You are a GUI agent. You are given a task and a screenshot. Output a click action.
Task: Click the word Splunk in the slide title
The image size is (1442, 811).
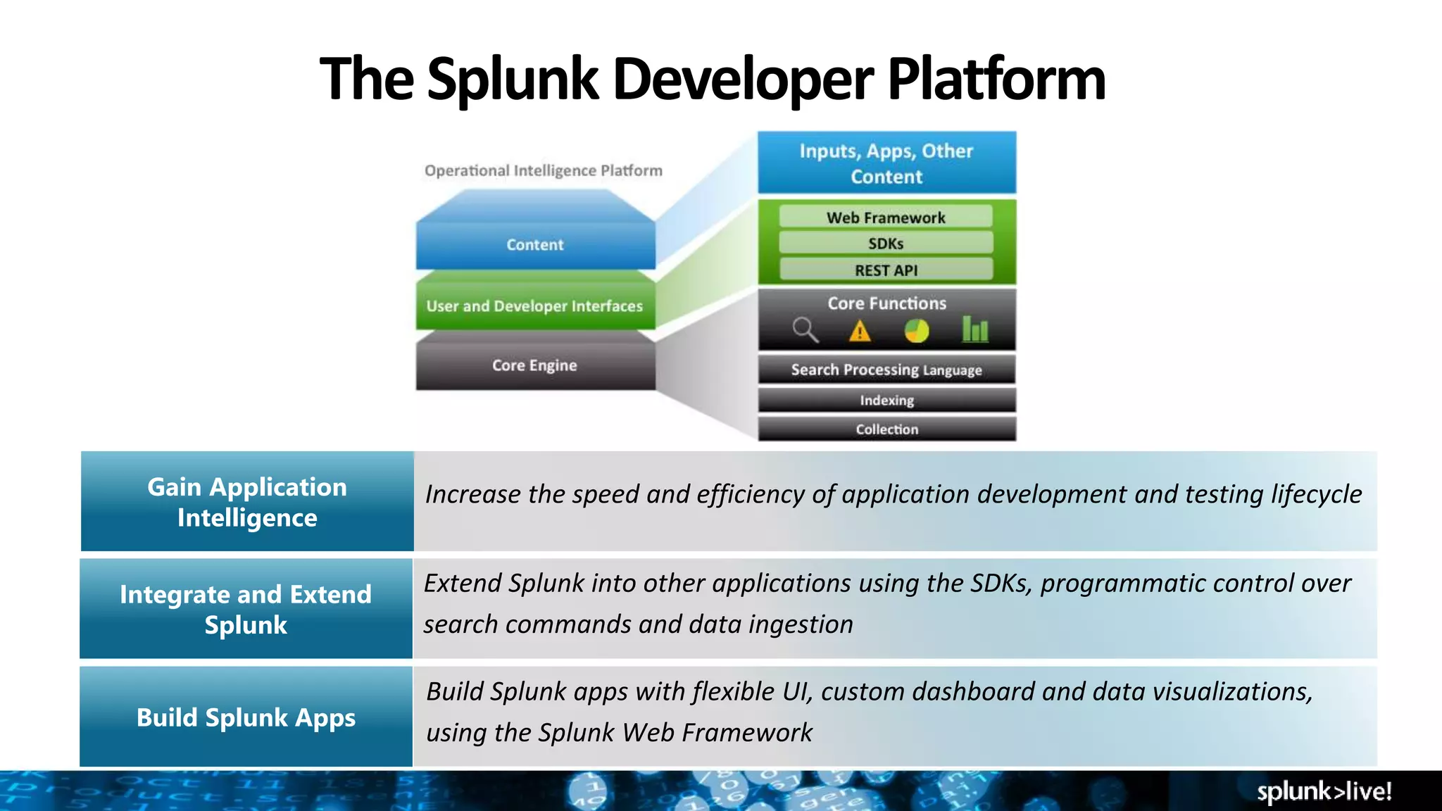pos(513,79)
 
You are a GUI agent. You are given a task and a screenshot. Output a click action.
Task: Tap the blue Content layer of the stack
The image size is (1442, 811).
pos(535,244)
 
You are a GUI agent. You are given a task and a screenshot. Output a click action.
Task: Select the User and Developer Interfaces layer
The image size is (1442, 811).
pos(534,306)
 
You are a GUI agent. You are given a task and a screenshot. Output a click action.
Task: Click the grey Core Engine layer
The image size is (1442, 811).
pos(534,365)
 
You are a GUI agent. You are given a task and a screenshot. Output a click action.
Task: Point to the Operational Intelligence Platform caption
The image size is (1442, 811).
pos(543,170)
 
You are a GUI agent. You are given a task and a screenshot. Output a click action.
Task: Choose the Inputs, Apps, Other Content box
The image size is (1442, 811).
pos(886,163)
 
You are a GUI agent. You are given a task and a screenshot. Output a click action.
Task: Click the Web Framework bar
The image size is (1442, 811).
pos(886,218)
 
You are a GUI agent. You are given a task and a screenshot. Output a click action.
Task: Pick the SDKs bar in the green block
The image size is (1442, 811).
pos(886,244)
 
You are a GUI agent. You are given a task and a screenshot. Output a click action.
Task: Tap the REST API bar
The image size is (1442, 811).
pos(886,270)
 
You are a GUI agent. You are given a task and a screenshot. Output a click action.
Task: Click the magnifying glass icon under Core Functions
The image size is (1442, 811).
pos(805,329)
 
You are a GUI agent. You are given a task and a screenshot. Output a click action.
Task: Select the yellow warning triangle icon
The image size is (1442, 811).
pos(860,331)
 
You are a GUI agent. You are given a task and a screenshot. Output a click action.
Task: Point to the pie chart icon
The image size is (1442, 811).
pos(916,330)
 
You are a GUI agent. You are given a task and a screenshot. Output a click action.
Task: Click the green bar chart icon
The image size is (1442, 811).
pos(975,329)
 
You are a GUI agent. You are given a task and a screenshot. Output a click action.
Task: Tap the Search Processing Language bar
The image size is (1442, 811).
pos(886,370)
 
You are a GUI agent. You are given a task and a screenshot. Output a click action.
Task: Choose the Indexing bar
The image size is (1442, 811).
pos(886,401)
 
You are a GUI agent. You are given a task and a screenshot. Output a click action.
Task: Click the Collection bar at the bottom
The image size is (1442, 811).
pos(886,429)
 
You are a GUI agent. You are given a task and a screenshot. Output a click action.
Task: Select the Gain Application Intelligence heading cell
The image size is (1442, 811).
pos(247,502)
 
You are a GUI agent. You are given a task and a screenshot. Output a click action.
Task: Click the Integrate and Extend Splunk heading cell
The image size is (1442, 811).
pos(246,610)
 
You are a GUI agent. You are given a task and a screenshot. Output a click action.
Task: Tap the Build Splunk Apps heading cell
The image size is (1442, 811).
pos(246,717)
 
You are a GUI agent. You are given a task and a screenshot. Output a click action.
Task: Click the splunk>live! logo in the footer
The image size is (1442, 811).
pos(1324,791)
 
